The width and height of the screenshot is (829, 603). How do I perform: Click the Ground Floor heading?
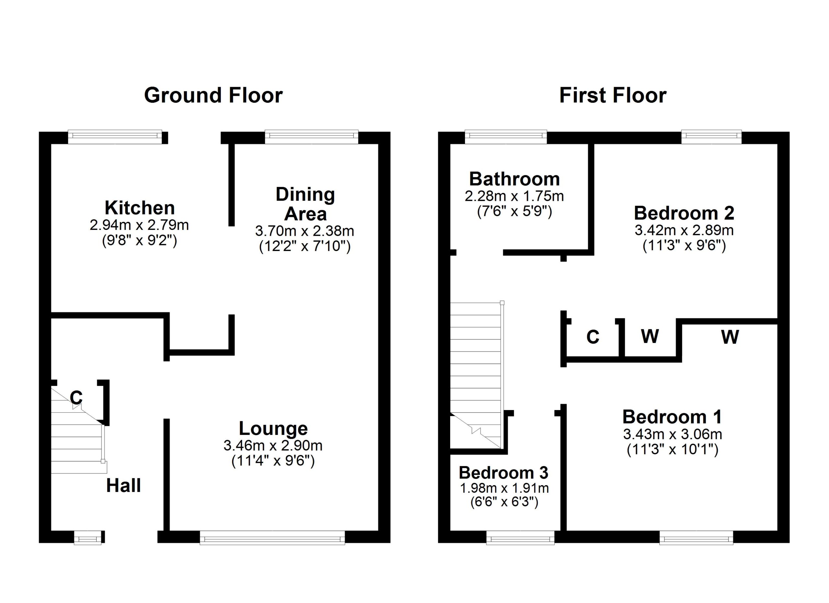coord(213,96)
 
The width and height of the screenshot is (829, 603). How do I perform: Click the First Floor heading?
coord(613,96)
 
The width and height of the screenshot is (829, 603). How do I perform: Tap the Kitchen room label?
coord(140,208)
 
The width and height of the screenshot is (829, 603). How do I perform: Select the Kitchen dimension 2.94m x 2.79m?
coord(139,225)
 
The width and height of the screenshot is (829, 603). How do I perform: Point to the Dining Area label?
coord(305,204)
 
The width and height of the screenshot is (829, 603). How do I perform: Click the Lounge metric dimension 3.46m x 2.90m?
coord(273,446)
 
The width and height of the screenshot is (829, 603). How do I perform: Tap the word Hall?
coord(124,486)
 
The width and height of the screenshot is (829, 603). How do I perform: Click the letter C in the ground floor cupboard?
coord(76,398)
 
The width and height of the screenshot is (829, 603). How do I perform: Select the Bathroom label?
coord(514,179)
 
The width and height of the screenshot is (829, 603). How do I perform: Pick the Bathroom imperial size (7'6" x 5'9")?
coord(514,211)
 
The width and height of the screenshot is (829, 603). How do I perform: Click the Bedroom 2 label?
coord(684,213)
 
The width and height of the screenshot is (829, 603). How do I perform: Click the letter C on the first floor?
coord(593,337)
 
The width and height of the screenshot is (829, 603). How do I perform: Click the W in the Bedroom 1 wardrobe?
coord(730,336)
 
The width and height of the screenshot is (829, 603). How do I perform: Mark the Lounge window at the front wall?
coord(272,538)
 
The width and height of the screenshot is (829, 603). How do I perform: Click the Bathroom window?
coord(506,137)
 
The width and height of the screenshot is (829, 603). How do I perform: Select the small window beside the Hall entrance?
coord(88,538)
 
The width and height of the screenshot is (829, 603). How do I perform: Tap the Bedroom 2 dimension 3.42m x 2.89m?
coord(684,230)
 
